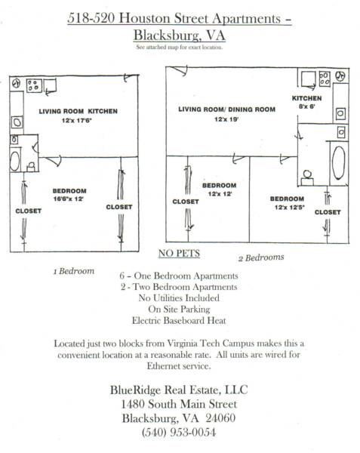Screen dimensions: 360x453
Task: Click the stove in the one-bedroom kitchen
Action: pyautogui.click(x=34, y=85)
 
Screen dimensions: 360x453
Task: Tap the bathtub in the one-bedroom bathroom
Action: pyautogui.click(x=15, y=160)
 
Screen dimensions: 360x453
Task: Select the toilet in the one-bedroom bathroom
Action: pyautogui.click(x=31, y=166)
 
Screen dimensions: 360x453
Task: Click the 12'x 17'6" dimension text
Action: pyautogui.click(x=76, y=120)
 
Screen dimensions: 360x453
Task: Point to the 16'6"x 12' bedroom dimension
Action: pyautogui.click(x=69, y=199)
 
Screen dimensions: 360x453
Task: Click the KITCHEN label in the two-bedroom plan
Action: pyautogui.click(x=306, y=98)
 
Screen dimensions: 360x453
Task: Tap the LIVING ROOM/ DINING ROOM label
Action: pyautogui.click(x=226, y=109)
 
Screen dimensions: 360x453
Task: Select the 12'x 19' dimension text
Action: pyautogui.click(x=226, y=119)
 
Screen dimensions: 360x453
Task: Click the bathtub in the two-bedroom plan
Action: pyautogui.click(x=339, y=162)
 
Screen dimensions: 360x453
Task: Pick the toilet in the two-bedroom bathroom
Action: pyautogui.click(x=307, y=178)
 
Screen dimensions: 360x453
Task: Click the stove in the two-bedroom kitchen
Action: pyautogui.click(x=325, y=79)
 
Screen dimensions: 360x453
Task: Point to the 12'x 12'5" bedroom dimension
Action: pyautogui.click(x=290, y=207)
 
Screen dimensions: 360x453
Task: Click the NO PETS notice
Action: pyautogui.click(x=179, y=254)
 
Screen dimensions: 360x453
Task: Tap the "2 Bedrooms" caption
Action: pyautogui.click(x=261, y=257)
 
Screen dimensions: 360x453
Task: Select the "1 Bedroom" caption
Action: pyautogui.click(x=74, y=271)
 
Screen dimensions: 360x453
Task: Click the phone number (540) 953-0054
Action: pyautogui.click(x=179, y=432)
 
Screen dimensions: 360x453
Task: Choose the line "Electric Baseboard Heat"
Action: pyautogui.click(x=179, y=320)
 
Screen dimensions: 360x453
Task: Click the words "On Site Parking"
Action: pyautogui.click(x=179, y=309)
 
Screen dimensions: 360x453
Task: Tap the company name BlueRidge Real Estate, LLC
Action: pyautogui.click(x=179, y=390)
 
